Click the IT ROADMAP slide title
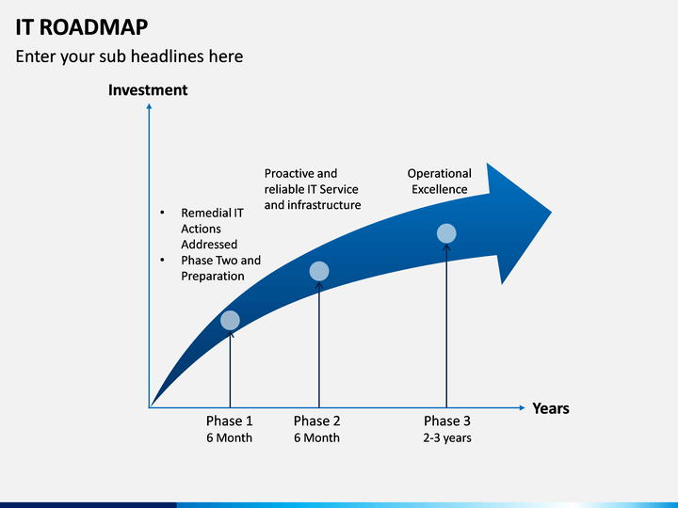[x=82, y=27]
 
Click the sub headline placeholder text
[x=129, y=56]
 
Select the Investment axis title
[x=148, y=90]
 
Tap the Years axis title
[x=551, y=408]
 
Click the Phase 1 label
[x=229, y=421]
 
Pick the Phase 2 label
[x=317, y=421]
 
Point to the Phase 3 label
[x=447, y=421]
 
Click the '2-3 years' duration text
[x=447, y=438]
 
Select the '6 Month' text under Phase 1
[x=229, y=437]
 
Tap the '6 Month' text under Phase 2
[x=317, y=437]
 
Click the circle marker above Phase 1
[x=230, y=320]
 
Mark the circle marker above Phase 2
[x=319, y=271]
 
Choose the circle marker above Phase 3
[x=446, y=233]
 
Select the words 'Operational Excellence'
[x=440, y=182]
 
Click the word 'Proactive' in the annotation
[x=289, y=174]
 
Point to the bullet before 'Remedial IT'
[x=162, y=213]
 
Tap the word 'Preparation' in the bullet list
[x=213, y=276]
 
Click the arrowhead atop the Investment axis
[x=149, y=106]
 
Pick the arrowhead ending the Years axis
[x=523, y=407]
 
